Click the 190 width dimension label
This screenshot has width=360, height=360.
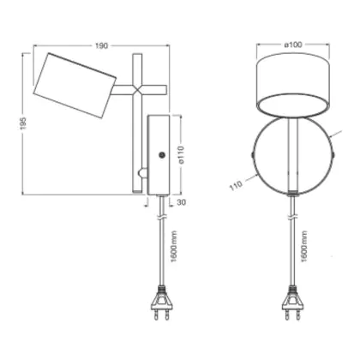(101, 45)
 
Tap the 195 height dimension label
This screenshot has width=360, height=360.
(23, 123)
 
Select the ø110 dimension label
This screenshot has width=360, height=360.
(182, 154)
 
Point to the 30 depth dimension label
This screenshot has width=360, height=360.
(181, 202)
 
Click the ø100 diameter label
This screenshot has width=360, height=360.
(293, 45)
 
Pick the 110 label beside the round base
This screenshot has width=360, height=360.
(236, 185)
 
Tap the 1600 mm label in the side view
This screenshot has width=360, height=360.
(174, 247)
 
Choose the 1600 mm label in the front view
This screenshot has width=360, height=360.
(304, 247)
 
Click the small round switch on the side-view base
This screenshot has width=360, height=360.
(162, 155)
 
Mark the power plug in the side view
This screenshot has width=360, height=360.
(161, 303)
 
